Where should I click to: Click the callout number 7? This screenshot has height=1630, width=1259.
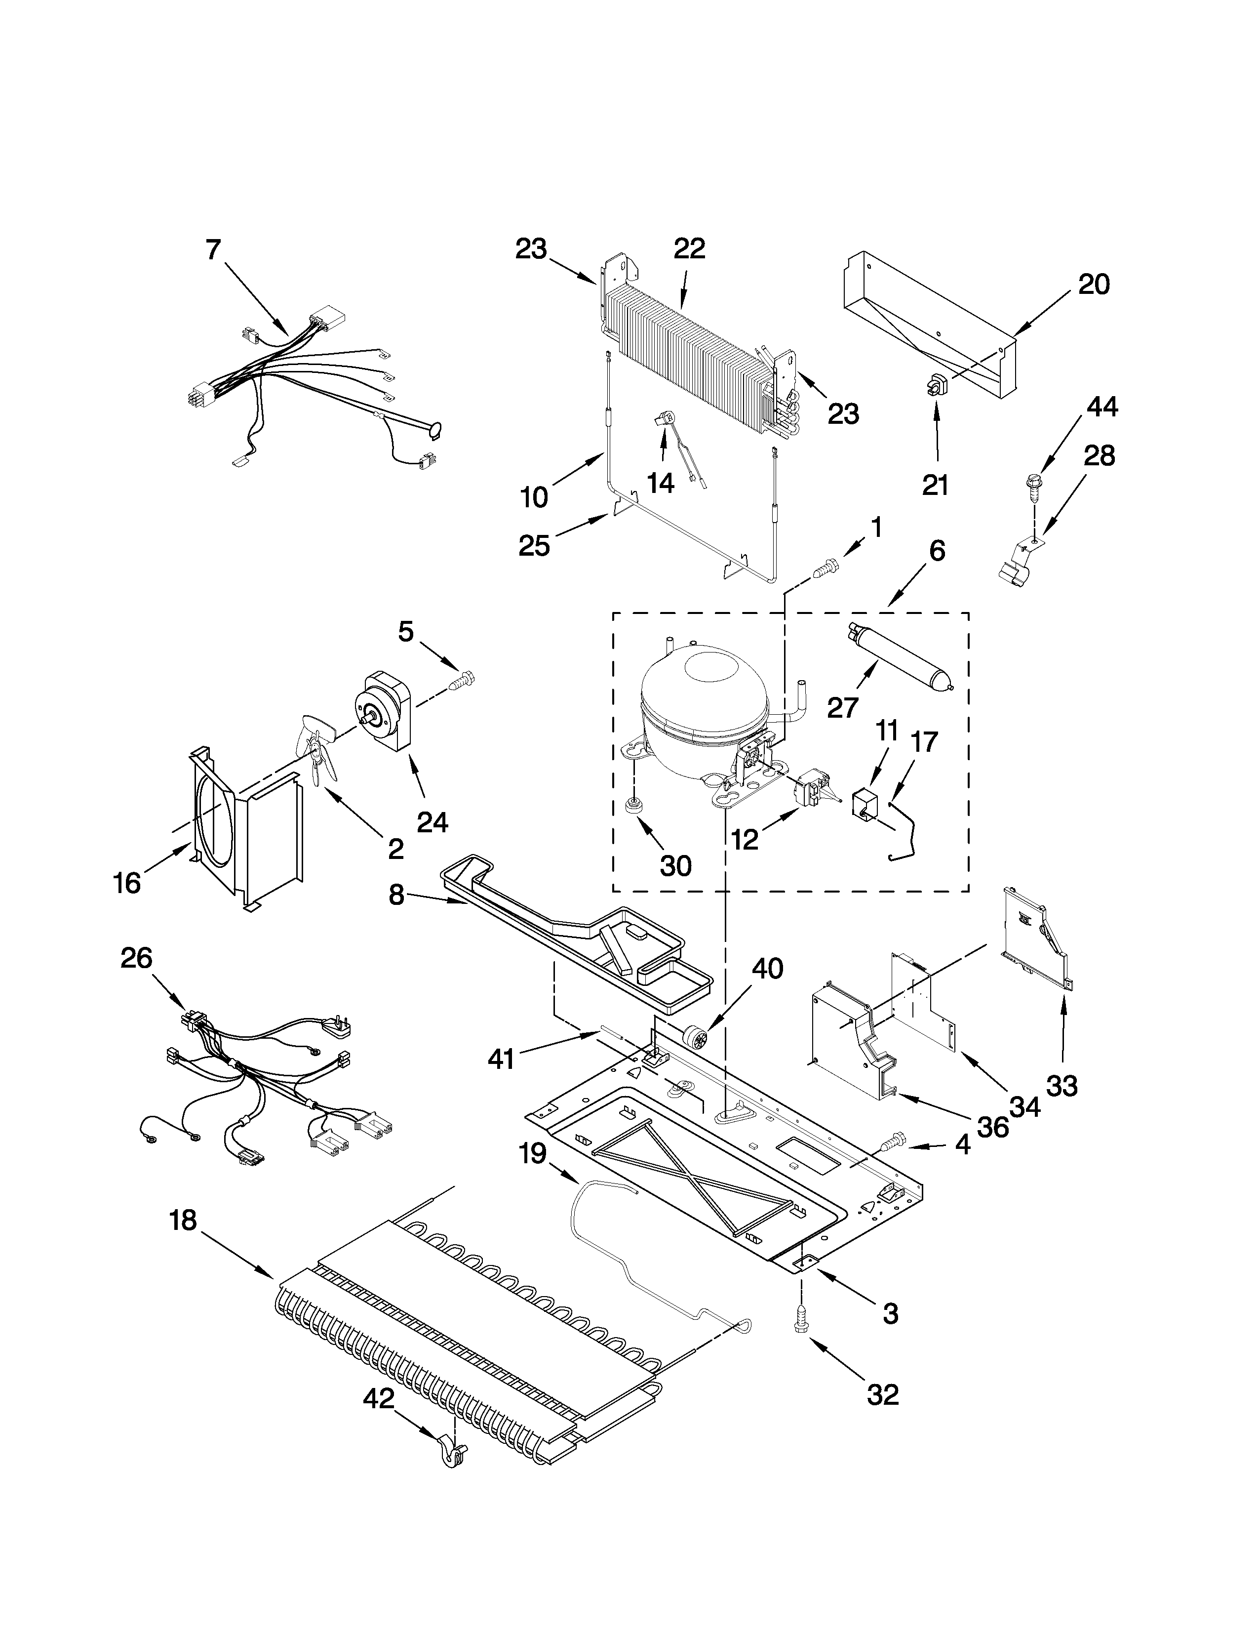(x=213, y=250)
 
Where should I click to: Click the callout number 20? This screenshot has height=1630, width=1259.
(x=1094, y=285)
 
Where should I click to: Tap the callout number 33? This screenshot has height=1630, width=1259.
(x=1062, y=1086)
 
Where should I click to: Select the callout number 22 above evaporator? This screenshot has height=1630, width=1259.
(x=689, y=248)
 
